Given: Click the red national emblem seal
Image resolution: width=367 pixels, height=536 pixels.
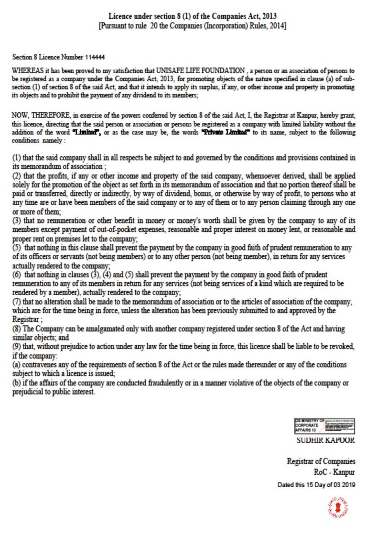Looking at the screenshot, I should coord(338,507).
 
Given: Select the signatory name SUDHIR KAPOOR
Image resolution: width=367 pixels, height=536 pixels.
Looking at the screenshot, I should coord(326,440).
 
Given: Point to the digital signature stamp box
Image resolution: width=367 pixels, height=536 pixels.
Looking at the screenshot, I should coord(324,426).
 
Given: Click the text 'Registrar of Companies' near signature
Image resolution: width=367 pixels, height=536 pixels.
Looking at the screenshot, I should coord(321,461).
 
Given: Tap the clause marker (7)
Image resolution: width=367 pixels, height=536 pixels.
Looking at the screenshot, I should coord(17,303).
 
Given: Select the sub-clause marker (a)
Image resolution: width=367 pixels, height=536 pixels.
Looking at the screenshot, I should coord(17,365).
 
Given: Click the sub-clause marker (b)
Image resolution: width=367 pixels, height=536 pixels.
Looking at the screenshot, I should coord(17,383).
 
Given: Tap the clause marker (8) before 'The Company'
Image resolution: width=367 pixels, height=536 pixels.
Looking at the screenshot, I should coord(17,329).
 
